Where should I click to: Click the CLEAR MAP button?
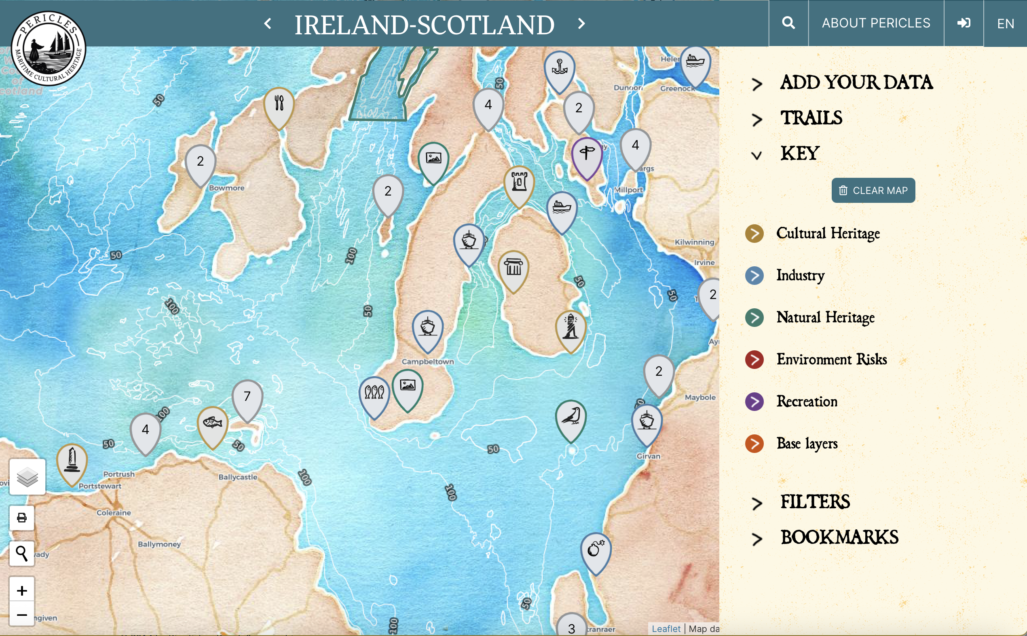tap(873, 191)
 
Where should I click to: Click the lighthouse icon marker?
tap(571, 327)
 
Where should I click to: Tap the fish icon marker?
tap(213, 423)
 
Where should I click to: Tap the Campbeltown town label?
tap(428, 362)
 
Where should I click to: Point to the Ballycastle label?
tap(238, 477)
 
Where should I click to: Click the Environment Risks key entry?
tap(831, 360)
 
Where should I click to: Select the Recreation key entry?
tap(807, 402)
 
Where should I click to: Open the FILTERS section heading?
tap(815, 502)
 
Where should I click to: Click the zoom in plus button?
tap(22, 591)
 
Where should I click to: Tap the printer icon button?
tap(22, 517)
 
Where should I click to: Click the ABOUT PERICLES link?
tap(876, 23)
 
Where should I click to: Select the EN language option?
tap(1005, 23)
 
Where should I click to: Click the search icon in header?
tap(788, 23)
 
